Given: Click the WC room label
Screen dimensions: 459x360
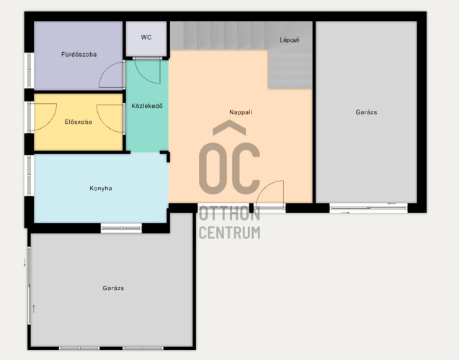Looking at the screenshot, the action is pos(146,37).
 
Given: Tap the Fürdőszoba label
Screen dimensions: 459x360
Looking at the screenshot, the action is pos(79,55).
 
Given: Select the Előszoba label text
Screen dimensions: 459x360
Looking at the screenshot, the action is pos(78,122).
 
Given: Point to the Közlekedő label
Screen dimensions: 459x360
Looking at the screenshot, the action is pos(147,106).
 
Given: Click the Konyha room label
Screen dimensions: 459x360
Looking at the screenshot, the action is pos(101,189).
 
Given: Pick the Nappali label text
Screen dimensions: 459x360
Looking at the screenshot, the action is pos(241,112).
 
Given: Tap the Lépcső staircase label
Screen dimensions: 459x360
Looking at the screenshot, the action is pos(289,40).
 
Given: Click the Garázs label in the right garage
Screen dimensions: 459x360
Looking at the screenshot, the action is pos(366,112).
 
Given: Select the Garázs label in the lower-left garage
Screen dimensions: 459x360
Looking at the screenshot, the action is pos(113,288).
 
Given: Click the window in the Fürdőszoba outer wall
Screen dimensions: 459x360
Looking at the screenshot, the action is pos(29,70).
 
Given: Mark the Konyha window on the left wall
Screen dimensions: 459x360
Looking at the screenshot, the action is pos(29,176).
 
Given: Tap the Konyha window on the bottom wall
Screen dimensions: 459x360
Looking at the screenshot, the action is pos(121,228).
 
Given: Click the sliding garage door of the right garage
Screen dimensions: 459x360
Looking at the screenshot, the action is pos(368,208).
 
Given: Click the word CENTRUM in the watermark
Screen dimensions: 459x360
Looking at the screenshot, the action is pos(229,233).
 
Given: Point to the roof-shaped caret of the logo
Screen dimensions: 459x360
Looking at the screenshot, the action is pos(229,127).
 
